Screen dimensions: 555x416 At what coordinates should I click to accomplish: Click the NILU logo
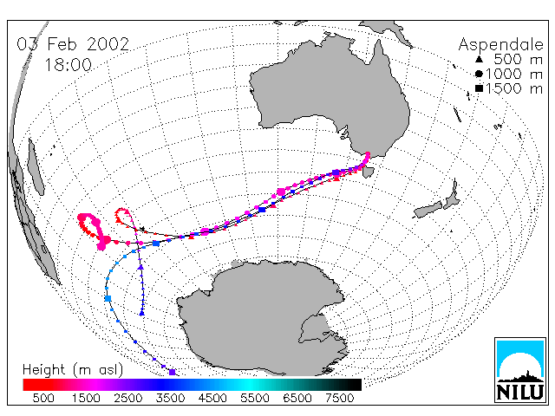[x=520, y=370]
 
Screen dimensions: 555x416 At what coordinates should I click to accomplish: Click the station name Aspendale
[x=500, y=45]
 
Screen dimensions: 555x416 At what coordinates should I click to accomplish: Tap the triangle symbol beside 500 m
[x=479, y=59]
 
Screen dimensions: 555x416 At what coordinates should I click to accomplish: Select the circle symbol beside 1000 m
[x=479, y=74]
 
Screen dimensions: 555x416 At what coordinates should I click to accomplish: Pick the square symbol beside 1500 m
[x=479, y=88]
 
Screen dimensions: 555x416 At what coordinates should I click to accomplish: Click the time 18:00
[x=68, y=65]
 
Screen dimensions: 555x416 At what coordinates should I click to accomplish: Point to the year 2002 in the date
[x=108, y=44]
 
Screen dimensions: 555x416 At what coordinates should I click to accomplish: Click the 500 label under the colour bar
[x=43, y=399]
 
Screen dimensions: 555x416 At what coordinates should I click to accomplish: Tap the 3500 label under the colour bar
[x=170, y=399]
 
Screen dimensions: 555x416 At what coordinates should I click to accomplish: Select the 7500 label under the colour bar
[x=339, y=399]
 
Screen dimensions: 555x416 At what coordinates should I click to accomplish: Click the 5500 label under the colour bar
[x=255, y=399]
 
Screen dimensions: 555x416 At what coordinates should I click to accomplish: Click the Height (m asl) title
[x=73, y=370]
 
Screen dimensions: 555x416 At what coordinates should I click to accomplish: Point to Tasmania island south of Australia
[x=368, y=172]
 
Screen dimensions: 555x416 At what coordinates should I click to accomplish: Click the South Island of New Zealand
[x=429, y=210]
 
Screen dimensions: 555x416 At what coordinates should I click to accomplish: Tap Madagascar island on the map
[x=36, y=166]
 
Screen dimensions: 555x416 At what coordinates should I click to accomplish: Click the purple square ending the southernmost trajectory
[x=172, y=372]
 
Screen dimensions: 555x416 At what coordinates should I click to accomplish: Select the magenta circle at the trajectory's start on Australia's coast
[x=368, y=154]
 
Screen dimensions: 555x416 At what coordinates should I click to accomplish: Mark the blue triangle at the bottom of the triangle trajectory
[x=142, y=313]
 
